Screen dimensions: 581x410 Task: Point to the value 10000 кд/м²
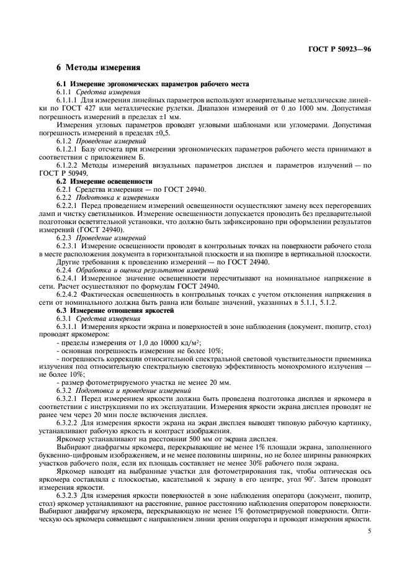pyautogui.click(x=168, y=341)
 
